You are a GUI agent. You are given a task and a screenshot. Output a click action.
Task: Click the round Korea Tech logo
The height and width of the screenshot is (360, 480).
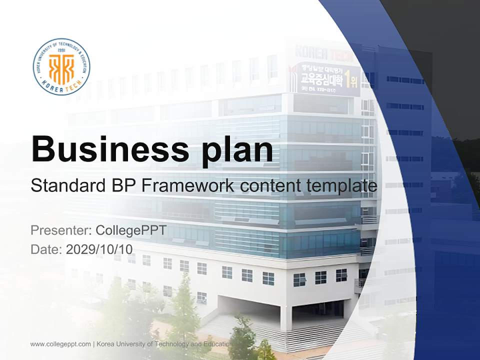click(x=61, y=66)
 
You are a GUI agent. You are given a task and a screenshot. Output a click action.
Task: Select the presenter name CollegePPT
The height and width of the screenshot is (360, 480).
click(x=130, y=230)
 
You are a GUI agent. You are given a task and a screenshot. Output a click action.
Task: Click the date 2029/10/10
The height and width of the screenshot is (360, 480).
click(x=99, y=249)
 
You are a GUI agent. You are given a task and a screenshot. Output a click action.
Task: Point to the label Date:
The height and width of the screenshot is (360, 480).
click(x=46, y=249)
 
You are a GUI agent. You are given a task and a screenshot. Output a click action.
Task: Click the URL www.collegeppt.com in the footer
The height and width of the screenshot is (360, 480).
click(x=60, y=344)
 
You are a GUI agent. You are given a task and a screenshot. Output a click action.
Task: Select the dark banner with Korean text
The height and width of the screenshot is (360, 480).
click(x=327, y=78)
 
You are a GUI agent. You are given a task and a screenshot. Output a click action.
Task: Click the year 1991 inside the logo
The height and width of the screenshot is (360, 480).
click(x=61, y=50)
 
